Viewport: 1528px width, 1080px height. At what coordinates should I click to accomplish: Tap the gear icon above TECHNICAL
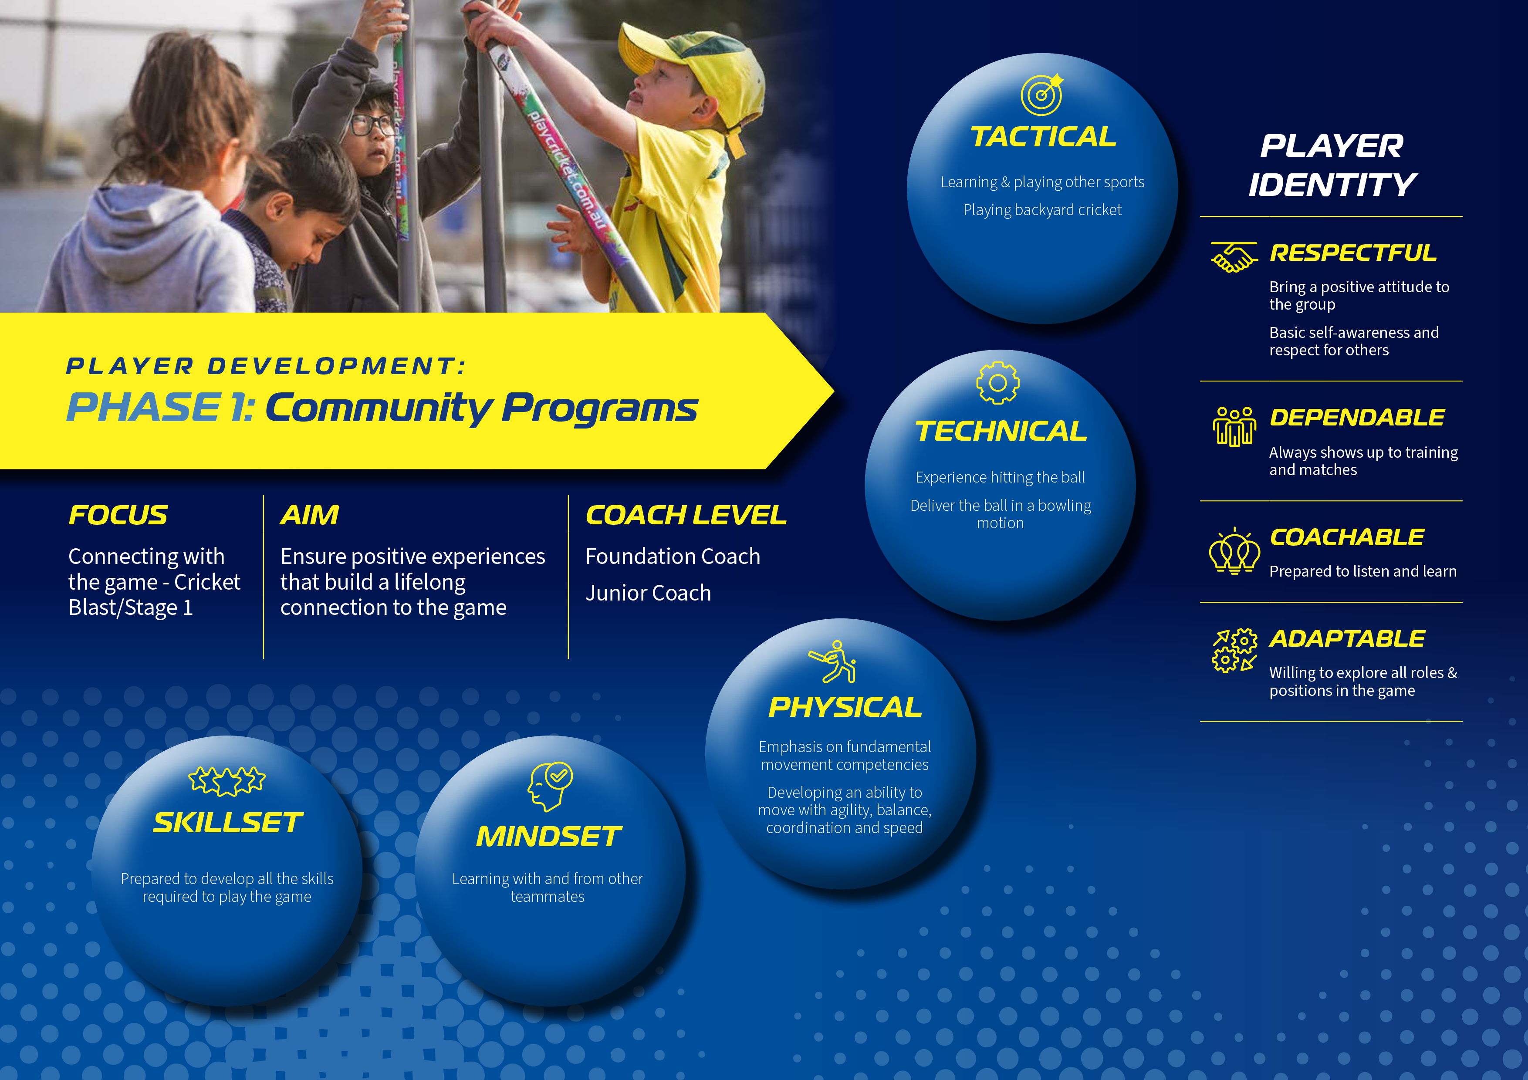click(997, 383)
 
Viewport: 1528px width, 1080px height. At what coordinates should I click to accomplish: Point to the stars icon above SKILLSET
click(227, 780)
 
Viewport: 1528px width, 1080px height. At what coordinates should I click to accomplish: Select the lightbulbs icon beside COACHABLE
click(1234, 550)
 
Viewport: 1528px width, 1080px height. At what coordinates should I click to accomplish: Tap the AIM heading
click(309, 515)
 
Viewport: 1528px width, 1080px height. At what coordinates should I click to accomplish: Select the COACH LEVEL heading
click(686, 515)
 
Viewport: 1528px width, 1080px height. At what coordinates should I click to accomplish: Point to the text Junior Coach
click(648, 593)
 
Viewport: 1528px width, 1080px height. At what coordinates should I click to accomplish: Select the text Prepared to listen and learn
click(1363, 571)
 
